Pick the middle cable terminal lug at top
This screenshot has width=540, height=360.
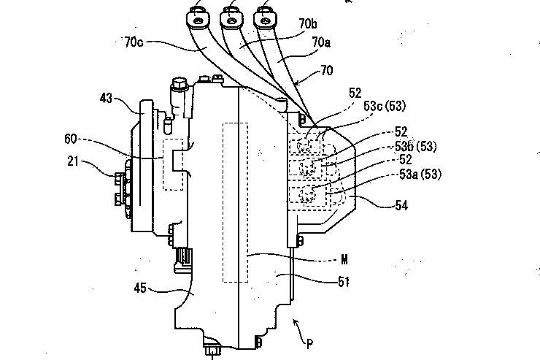click(232, 17)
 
